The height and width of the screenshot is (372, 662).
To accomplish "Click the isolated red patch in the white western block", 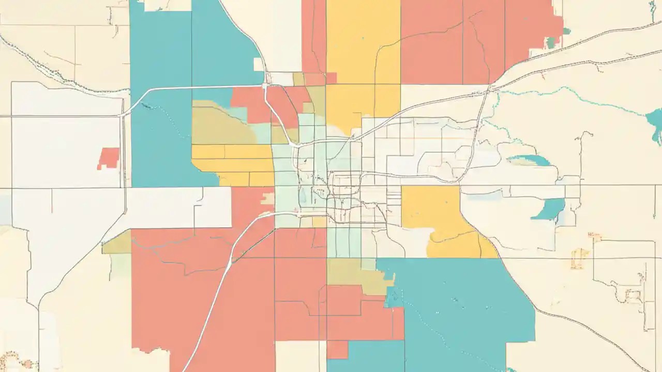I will tap(108, 158).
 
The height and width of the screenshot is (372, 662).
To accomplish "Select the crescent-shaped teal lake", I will tap(549, 209).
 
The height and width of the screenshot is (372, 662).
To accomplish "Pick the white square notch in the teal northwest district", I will tap(258, 64).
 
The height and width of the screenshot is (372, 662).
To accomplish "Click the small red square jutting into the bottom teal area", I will tap(337, 349).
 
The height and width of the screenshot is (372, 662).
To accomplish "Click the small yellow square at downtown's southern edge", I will tap(320, 222).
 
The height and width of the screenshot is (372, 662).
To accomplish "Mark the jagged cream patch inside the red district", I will tap(267, 198).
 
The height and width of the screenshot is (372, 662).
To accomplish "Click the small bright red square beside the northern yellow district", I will tap(331, 78).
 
